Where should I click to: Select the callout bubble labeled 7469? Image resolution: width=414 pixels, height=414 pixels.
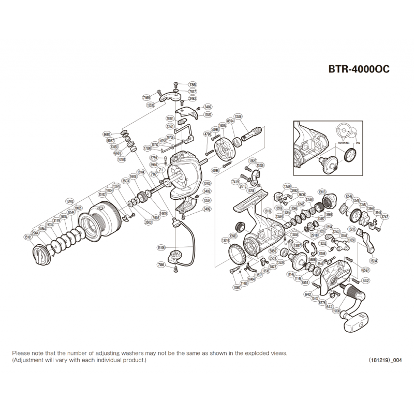(146, 98)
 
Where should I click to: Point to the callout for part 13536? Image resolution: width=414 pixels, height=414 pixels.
(239, 116)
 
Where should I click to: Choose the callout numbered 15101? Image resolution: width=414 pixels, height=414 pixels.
(28, 238)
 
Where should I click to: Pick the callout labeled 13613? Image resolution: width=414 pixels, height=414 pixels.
(322, 191)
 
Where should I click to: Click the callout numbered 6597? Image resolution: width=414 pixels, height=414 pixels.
(351, 270)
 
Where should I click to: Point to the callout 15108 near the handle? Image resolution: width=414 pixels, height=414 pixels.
(336, 312)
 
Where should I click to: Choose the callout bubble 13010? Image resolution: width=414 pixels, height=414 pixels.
(226, 240)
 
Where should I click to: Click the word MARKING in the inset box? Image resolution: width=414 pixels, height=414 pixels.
(344, 140)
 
